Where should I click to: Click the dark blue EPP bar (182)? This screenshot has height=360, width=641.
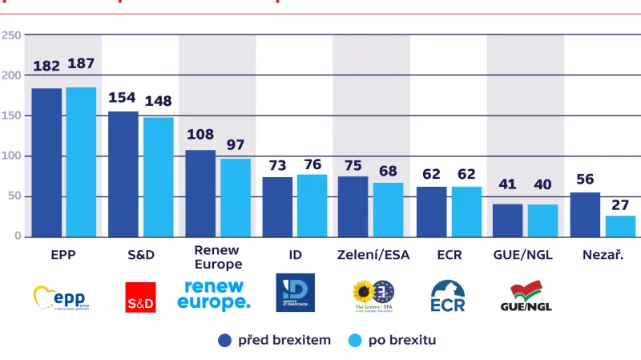[46, 162]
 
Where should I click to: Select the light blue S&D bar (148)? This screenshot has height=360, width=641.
[159, 176]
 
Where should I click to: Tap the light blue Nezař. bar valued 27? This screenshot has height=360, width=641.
[621, 225]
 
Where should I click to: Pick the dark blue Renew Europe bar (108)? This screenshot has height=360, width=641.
[200, 192]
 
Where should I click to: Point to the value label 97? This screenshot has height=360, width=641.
[236, 144]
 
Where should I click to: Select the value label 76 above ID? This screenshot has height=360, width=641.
[312, 164]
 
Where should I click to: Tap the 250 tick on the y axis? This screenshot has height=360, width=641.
[11, 35]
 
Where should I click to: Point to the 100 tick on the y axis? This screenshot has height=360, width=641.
[11, 156]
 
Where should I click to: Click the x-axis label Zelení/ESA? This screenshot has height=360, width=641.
[371, 255]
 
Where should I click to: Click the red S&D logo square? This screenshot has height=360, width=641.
[141, 297]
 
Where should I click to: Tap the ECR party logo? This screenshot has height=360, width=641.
[448, 296]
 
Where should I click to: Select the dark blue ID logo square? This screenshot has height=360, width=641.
[295, 293]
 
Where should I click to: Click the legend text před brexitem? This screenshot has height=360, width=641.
[284, 341]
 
